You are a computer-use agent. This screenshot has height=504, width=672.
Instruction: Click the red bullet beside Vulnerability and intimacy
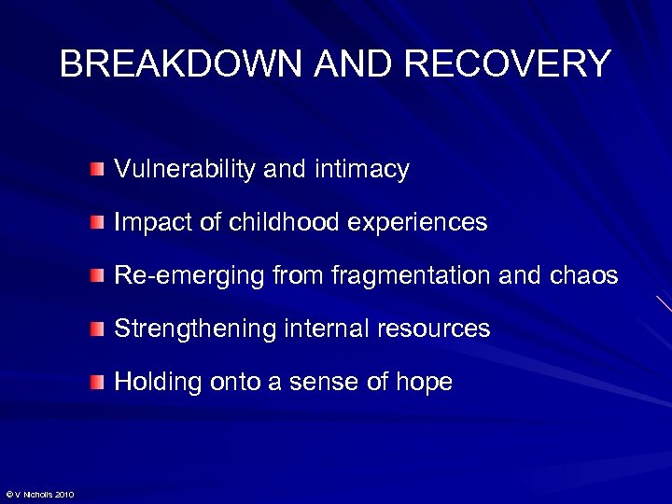coord(99,170)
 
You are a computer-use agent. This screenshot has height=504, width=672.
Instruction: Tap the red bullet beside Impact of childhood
coord(99,223)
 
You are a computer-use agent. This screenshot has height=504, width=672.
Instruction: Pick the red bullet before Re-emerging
coord(99,276)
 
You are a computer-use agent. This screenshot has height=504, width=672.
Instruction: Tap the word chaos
coord(585,275)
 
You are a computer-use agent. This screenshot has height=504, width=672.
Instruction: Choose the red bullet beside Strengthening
coord(99,329)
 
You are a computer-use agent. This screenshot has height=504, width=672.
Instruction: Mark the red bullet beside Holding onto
coord(99,383)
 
